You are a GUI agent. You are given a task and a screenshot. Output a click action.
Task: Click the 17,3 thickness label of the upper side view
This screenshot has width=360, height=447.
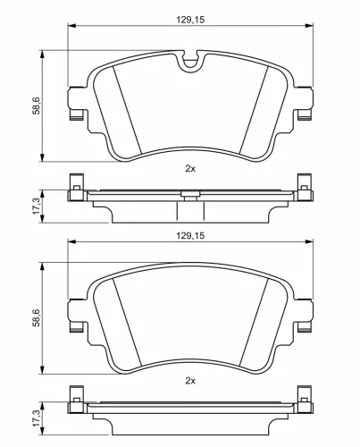tap(35, 206)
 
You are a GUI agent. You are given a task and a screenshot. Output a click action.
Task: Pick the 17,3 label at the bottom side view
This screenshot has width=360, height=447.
tap(35, 417)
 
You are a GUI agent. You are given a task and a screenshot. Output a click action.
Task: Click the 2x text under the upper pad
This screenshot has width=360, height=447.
tap(188, 167)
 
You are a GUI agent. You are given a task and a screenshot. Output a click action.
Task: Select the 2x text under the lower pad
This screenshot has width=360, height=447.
tap(188, 380)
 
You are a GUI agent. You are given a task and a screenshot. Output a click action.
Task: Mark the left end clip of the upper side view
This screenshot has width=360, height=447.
tap(76, 190)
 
